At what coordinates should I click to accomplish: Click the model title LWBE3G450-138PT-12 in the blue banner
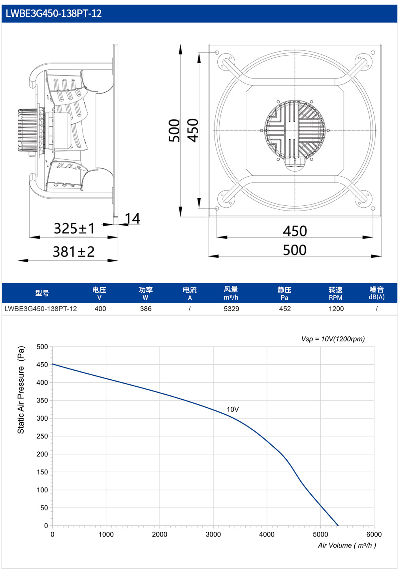(x=54, y=13)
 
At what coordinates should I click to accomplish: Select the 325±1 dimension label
(x=74, y=228)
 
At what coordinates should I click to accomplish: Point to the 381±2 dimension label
(x=74, y=252)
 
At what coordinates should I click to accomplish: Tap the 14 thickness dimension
(x=132, y=218)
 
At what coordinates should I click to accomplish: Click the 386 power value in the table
(x=146, y=309)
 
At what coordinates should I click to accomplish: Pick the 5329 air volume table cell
(x=231, y=309)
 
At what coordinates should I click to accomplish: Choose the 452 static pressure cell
(x=285, y=309)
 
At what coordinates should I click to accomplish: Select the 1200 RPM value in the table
(x=336, y=309)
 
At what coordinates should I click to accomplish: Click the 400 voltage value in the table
(x=100, y=309)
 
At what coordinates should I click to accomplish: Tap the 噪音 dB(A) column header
(x=376, y=293)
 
